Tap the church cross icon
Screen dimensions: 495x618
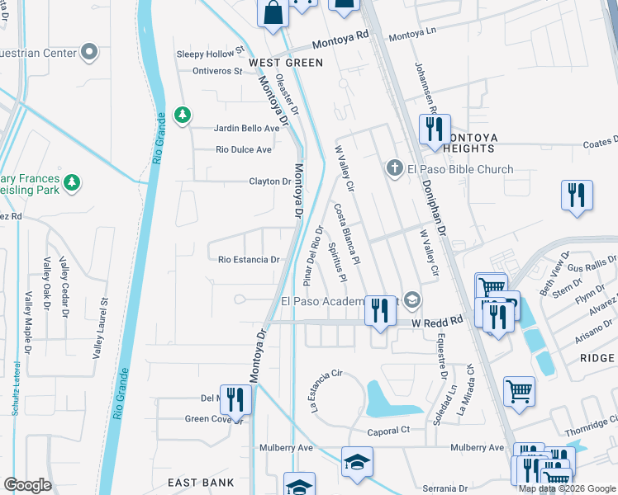click(x=395, y=169)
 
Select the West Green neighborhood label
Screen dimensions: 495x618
click(x=286, y=63)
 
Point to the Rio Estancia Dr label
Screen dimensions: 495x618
click(x=249, y=259)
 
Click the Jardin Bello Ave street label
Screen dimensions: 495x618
click(x=247, y=128)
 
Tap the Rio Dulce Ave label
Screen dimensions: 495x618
click(x=244, y=149)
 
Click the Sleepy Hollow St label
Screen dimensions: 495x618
click(x=212, y=54)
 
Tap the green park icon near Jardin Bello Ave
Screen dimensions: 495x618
click(x=183, y=115)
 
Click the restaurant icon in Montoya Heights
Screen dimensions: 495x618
click(x=433, y=129)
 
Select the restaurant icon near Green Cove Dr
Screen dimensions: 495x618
click(x=235, y=399)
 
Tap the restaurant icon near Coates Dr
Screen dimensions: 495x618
click(x=577, y=195)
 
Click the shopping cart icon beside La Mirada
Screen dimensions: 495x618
click(x=519, y=391)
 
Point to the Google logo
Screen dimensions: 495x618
click(x=28, y=484)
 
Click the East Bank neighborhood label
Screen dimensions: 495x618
click(x=201, y=483)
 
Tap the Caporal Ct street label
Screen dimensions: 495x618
click(x=388, y=431)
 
